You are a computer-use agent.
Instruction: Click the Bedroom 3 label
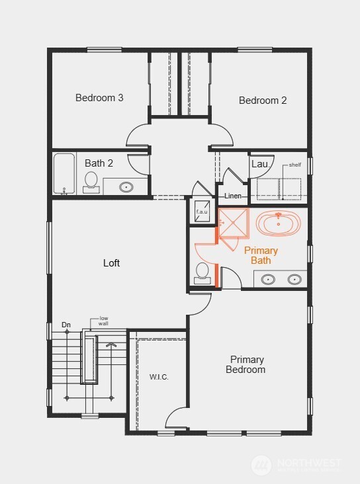pyautogui.click(x=99, y=98)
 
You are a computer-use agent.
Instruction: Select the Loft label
pyautogui.click(x=112, y=263)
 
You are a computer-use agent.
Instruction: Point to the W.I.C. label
pyautogui.click(x=159, y=377)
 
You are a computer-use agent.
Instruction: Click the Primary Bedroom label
pyautogui.click(x=247, y=364)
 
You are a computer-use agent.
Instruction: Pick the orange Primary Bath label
pyautogui.click(x=261, y=255)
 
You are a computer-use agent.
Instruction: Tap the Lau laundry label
pyautogui.click(x=258, y=163)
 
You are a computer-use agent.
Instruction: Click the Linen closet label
pyautogui.click(x=233, y=196)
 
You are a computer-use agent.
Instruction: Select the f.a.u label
pyautogui.click(x=202, y=212)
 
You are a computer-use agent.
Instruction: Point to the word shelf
pyautogui.click(x=294, y=165)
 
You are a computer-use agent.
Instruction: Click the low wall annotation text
pyautogui.click(x=104, y=321)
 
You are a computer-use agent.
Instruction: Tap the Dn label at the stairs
pyautogui.click(x=66, y=325)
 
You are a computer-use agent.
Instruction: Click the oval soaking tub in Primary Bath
pyautogui.click(x=278, y=223)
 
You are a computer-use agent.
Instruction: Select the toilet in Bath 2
pyautogui.click(x=91, y=181)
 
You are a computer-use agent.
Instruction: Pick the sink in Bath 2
pyautogui.click(x=126, y=186)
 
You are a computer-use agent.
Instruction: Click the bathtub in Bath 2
pyautogui.click(x=64, y=174)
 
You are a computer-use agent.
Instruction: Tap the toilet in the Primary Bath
pyautogui.click(x=202, y=273)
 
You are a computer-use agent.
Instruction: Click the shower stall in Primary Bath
pyautogui.click(x=233, y=222)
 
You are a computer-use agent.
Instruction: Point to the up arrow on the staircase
pyautogui.click(x=111, y=344)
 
